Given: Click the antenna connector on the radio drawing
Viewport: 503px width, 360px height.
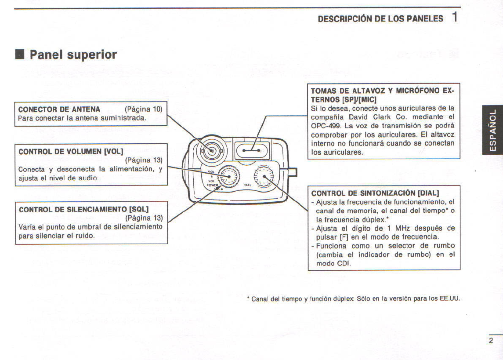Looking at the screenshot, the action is [x=212, y=151].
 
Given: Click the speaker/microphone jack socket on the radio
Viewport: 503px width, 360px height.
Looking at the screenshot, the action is [x=249, y=150].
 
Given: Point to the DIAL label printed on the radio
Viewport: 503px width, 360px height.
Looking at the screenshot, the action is [x=248, y=185].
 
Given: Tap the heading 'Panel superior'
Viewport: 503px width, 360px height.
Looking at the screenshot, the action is [x=73, y=55].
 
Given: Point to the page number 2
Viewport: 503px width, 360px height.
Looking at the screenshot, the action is [x=491, y=341].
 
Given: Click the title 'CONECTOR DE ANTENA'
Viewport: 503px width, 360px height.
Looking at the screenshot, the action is [x=59, y=109].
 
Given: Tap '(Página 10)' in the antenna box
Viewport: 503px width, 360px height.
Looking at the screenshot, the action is [x=144, y=109].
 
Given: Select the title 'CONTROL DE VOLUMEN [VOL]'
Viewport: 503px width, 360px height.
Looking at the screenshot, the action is [x=71, y=152].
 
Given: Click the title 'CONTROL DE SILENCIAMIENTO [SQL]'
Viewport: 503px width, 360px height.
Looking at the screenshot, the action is [x=83, y=209].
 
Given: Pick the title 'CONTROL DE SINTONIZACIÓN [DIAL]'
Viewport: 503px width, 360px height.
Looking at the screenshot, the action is [x=375, y=193].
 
